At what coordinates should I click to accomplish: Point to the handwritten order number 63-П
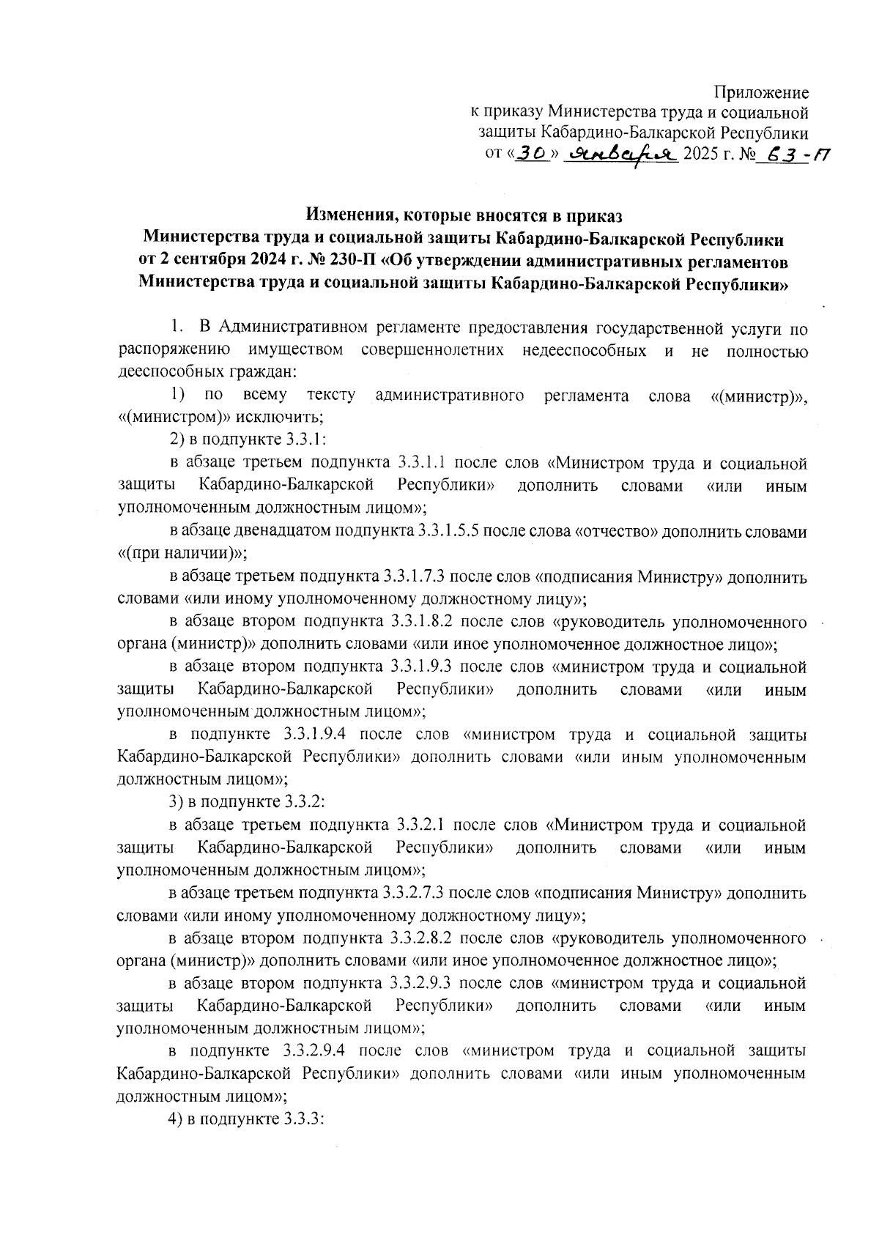pos(795,155)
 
